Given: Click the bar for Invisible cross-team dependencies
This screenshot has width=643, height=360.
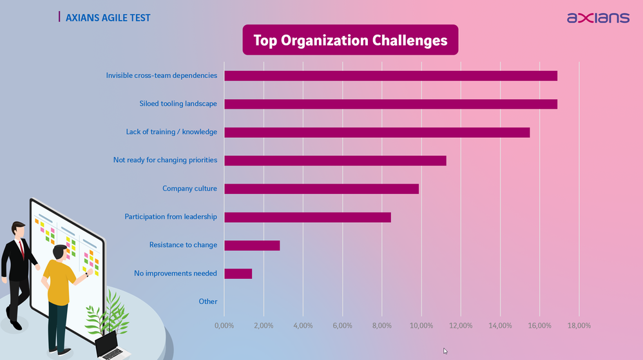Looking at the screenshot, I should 390,76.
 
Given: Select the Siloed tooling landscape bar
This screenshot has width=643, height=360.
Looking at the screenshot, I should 390,104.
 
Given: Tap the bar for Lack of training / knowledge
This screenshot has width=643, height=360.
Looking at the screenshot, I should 377,132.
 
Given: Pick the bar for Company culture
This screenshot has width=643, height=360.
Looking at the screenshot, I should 321,189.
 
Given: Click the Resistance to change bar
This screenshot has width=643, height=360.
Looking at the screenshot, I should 252,245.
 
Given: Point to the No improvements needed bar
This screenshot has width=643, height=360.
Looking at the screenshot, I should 238,274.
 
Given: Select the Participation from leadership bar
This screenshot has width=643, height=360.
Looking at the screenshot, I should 307,217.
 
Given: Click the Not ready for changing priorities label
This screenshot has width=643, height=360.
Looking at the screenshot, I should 165,160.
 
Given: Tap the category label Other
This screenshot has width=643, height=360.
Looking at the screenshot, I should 208,301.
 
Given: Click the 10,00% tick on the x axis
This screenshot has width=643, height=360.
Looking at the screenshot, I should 421,325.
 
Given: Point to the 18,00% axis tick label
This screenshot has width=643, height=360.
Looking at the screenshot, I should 579,325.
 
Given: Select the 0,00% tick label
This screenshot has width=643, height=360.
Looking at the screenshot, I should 224,325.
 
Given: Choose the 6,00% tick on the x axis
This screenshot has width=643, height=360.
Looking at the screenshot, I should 342,325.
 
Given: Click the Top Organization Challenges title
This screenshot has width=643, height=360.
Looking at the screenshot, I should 350,40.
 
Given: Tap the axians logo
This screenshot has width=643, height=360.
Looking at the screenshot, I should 598,17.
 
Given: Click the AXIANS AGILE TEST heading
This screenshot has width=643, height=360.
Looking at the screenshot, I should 108,17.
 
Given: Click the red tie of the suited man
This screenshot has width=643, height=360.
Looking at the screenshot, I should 22,248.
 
